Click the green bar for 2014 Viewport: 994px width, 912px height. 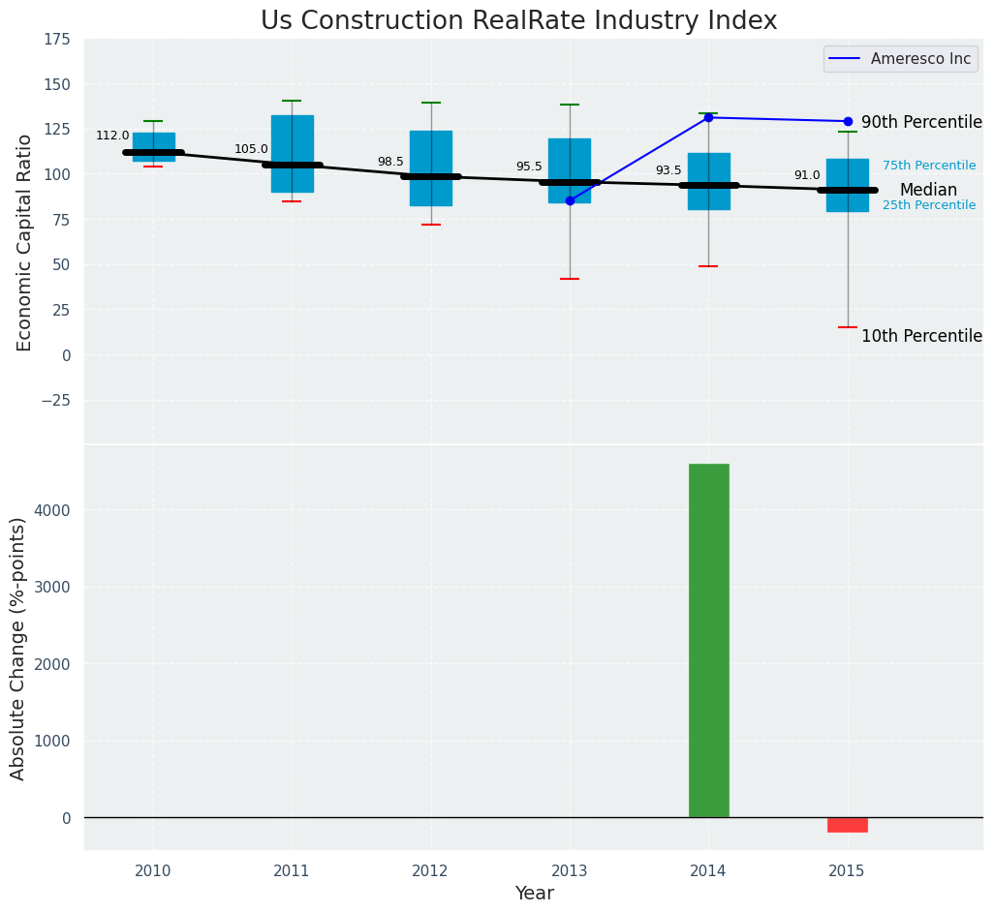(708, 640)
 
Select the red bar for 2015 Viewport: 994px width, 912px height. (847, 825)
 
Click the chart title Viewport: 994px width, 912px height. (518, 21)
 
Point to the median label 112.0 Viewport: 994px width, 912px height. (112, 137)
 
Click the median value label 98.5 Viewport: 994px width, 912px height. (390, 163)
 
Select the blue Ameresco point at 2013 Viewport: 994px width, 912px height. (570, 200)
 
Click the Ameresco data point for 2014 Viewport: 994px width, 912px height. (708, 117)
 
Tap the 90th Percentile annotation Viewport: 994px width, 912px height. (921, 122)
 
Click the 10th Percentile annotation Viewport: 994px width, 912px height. (921, 336)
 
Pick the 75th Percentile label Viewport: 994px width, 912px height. (929, 166)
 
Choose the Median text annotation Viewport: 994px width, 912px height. (928, 191)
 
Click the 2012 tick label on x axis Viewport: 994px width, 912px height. (430, 871)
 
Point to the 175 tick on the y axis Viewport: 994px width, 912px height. (56, 40)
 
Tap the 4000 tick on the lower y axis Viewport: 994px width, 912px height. (53, 510)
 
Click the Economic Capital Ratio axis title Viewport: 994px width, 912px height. (25, 242)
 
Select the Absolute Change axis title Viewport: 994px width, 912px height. (18, 648)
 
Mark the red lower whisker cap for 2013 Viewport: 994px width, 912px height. (570, 279)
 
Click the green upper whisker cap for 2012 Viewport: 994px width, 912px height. (431, 103)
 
